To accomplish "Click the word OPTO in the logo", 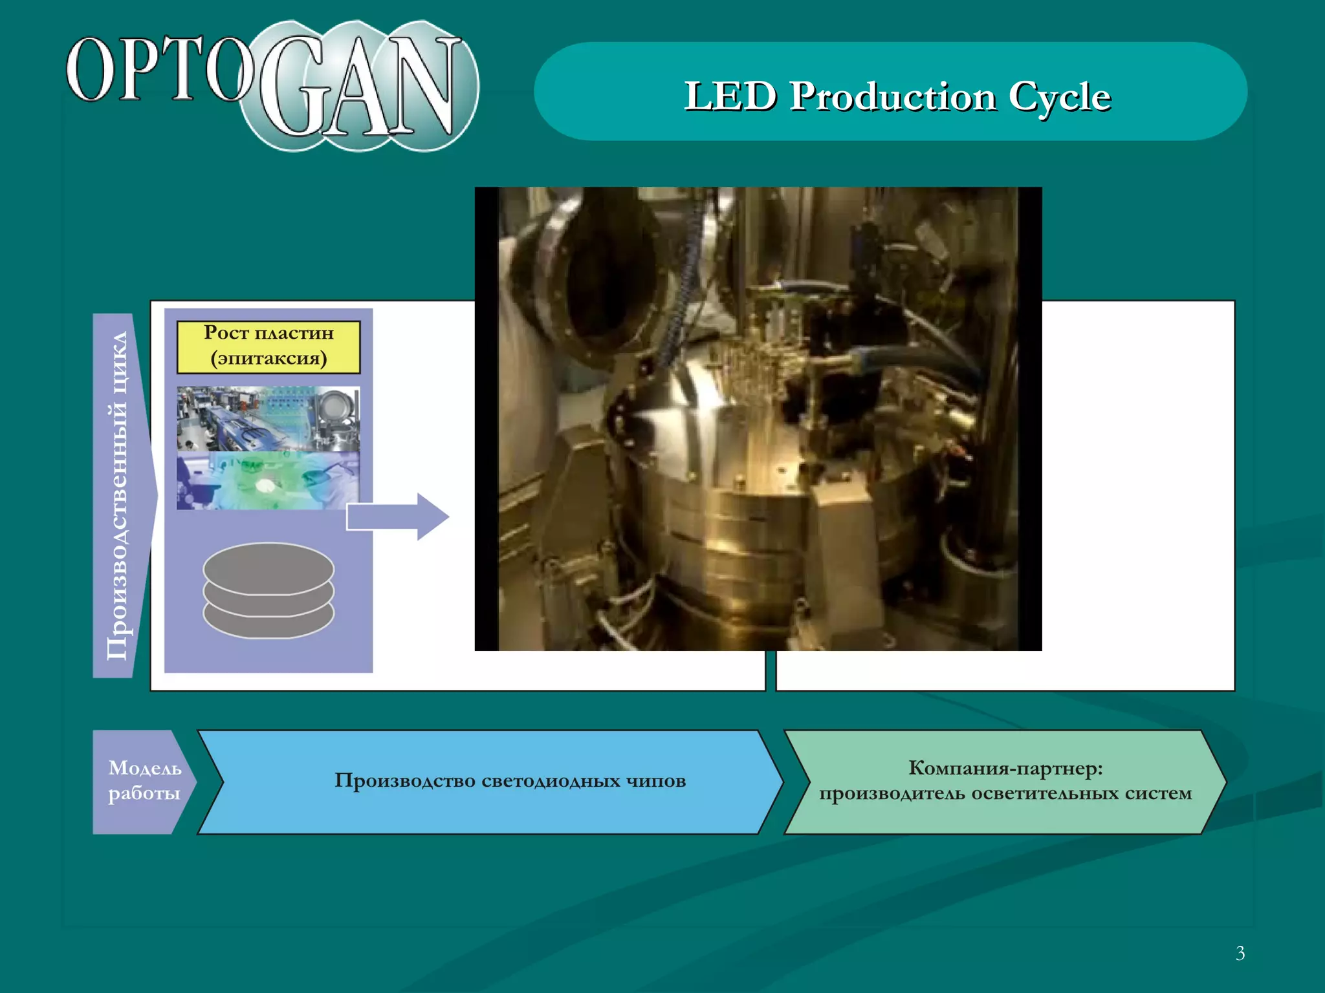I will pos(159,69).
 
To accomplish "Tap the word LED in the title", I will pos(730,96).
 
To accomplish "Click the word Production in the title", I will pos(892,96).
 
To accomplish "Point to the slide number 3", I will pos(1240,953).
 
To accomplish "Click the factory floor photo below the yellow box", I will pos(268,419).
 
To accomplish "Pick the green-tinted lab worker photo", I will pos(268,481).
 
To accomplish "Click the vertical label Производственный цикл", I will pos(117,495).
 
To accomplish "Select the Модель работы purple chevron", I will pos(144,781).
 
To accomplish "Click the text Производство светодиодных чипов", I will pos(510,781).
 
